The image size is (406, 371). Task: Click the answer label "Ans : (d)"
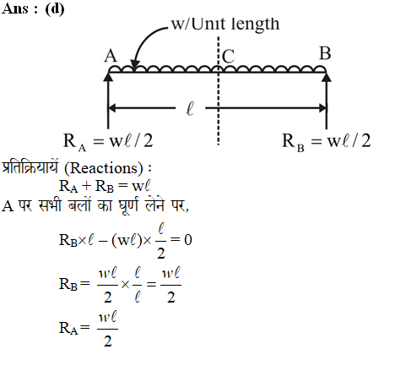33,8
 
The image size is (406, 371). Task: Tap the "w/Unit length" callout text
225,24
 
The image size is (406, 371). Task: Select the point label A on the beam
111,56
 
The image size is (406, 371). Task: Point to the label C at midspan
228,57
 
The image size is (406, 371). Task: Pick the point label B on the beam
325,53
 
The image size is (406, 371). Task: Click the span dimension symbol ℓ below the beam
190,109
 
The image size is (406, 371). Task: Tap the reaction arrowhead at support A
108,77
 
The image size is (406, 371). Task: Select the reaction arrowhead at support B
327,77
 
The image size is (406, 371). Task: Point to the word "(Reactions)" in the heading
104,168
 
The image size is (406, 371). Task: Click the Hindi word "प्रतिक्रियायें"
30,167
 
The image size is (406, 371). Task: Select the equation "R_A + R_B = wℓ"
105,186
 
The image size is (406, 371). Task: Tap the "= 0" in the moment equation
181,240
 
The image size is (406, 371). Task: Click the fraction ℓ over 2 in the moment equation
160,241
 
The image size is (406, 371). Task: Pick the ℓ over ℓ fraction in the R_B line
137,285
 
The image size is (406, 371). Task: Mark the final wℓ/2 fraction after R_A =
107,329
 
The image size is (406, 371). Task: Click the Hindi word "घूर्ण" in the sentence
129,205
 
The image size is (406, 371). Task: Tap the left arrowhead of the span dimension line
112,108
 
